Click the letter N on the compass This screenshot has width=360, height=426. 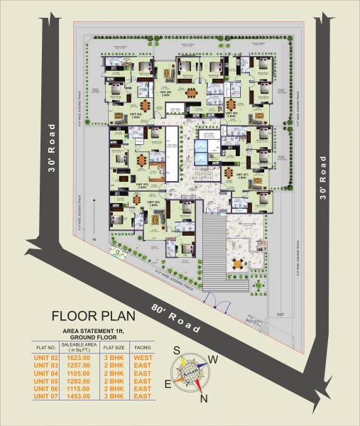coord(204,399)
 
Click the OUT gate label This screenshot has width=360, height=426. coord(280,314)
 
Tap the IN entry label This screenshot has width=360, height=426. coord(92,241)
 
